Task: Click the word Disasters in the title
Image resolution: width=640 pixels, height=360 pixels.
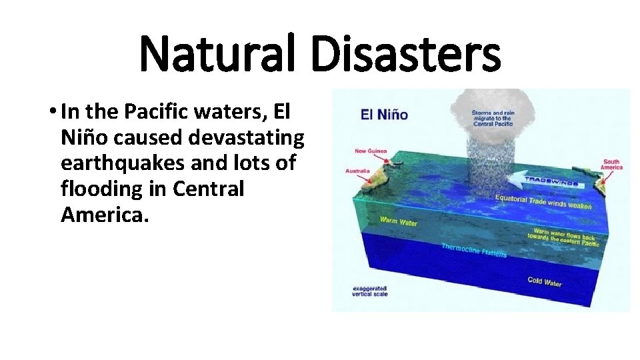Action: coord(406,56)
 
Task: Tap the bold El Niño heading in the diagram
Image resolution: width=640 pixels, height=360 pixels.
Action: coord(384,113)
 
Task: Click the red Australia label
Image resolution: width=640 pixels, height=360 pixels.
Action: coord(357,171)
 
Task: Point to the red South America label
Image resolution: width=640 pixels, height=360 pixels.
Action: coord(612,164)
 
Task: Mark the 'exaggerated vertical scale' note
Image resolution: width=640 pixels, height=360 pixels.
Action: coord(371,291)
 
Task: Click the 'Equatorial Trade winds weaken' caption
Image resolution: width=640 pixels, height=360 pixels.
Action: coord(543,202)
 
